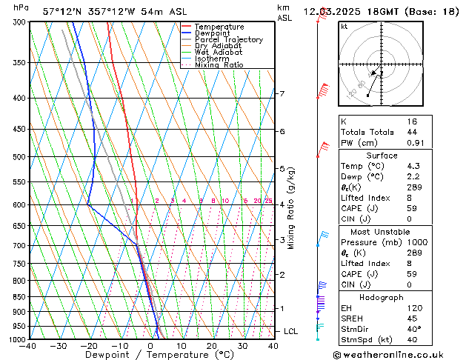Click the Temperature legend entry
219,27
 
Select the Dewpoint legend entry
213,33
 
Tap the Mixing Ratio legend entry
219,65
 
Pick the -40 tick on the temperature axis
28,346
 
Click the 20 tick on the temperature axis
212,346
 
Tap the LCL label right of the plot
291,331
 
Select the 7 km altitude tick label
282,94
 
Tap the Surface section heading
381,156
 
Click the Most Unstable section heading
381,231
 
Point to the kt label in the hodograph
344,26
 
